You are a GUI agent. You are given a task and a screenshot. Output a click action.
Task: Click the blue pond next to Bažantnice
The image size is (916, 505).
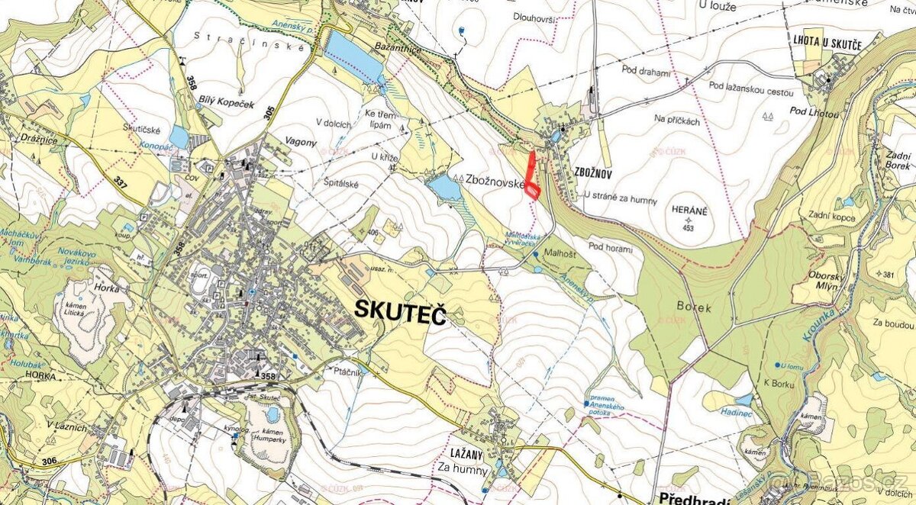pyautogui.click(x=352, y=56)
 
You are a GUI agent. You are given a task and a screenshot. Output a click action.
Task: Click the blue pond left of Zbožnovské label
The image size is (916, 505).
pyautogui.click(x=444, y=186)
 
